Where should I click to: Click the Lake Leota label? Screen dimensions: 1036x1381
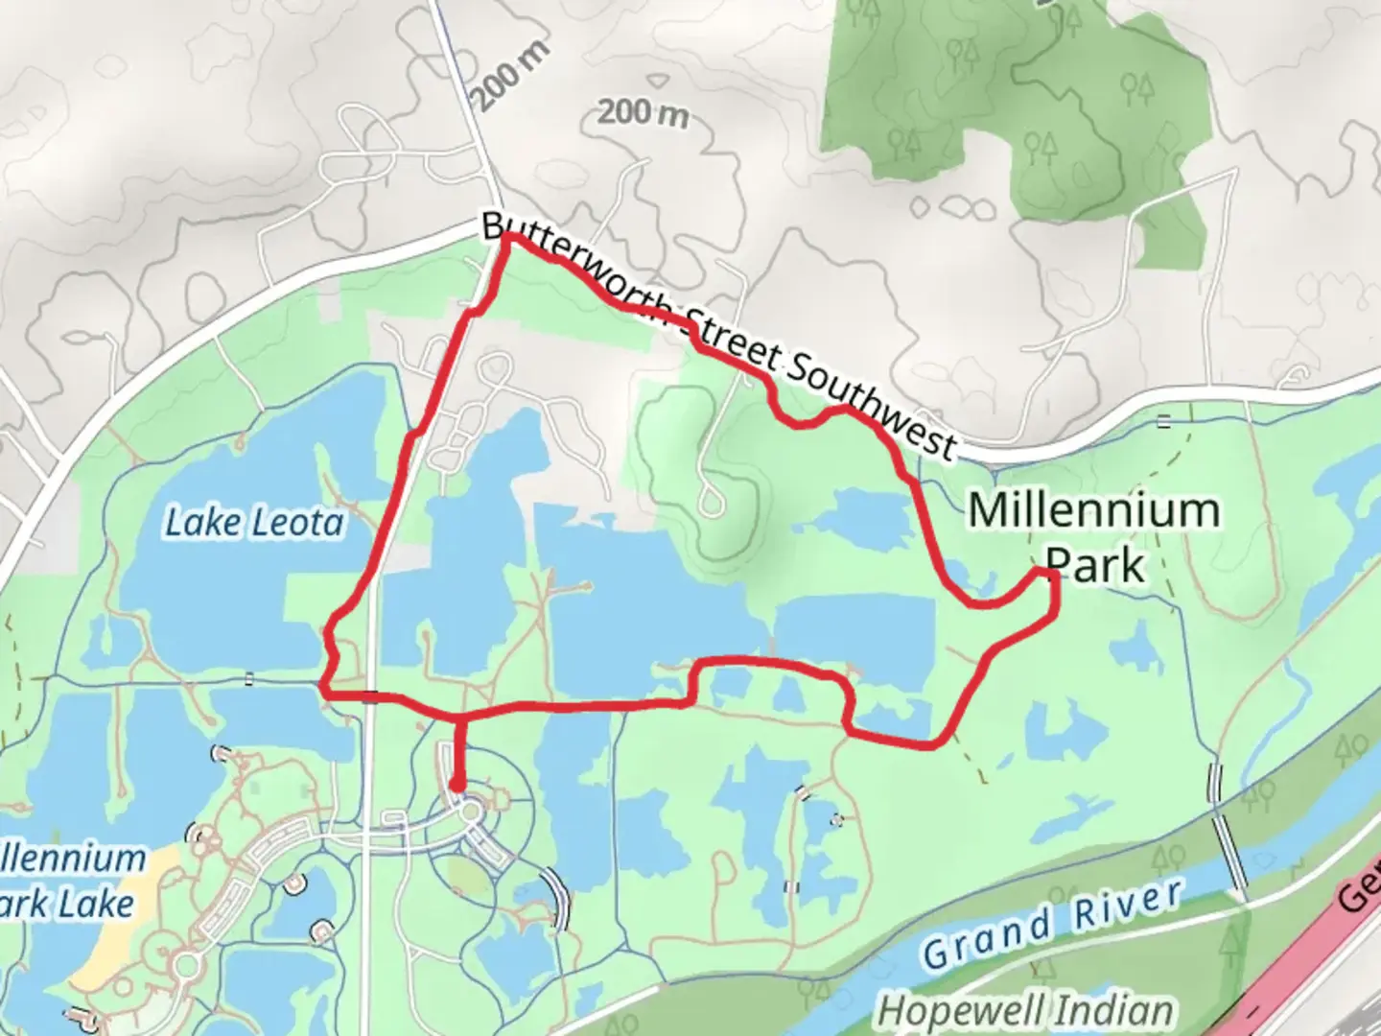point(254,523)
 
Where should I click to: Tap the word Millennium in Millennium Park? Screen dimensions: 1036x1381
point(1094,509)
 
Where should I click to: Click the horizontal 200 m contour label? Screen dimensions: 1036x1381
point(644,113)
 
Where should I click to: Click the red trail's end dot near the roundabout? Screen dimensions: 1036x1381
point(458,787)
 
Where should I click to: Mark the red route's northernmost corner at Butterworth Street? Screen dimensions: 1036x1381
point(508,236)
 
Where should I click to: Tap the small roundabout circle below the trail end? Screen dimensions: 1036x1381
point(471,813)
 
